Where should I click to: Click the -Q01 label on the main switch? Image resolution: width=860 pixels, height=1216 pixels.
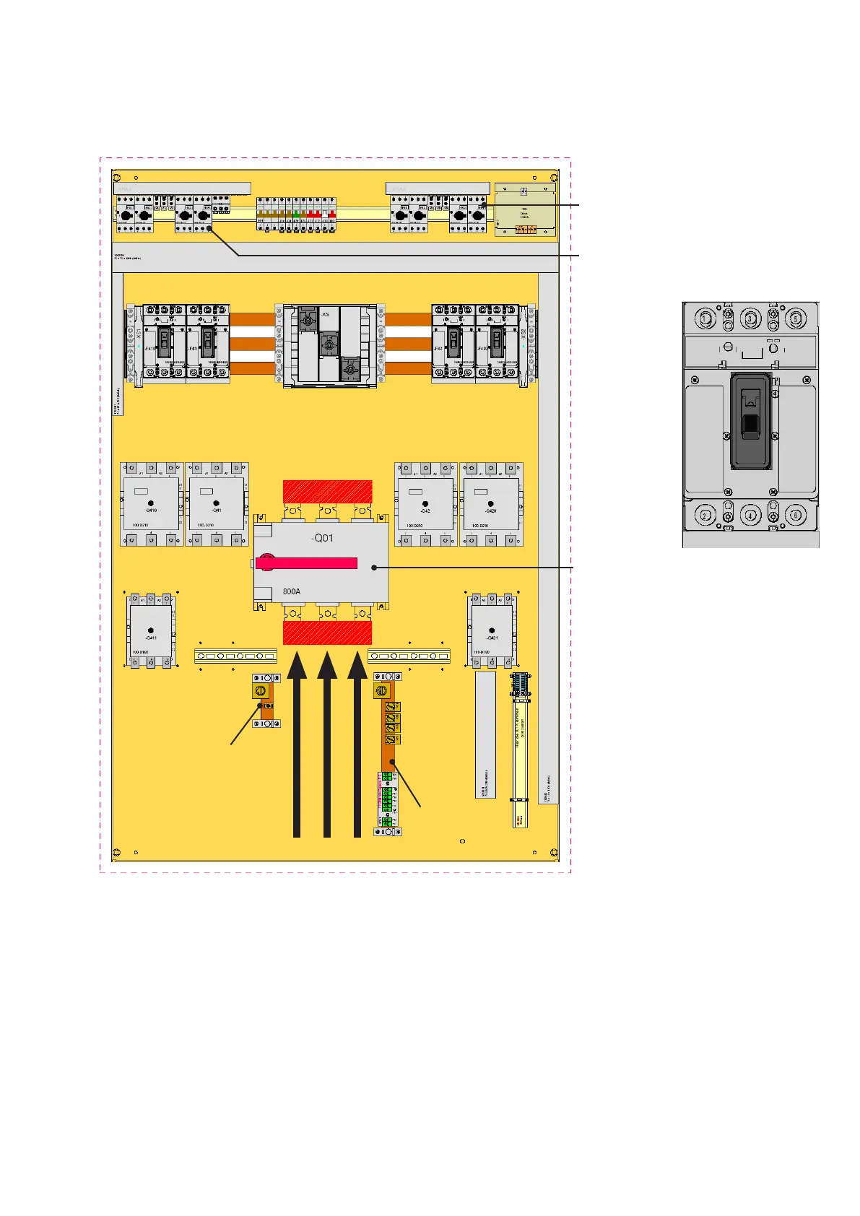(322, 538)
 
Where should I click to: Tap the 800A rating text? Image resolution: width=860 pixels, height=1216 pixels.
(292, 591)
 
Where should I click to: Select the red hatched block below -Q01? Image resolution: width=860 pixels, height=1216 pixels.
(327, 634)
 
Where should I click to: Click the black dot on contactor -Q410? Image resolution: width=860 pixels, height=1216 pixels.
(151, 503)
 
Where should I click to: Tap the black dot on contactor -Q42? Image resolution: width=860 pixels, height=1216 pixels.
(425, 503)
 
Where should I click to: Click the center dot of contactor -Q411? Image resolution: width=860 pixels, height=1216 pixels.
(150, 630)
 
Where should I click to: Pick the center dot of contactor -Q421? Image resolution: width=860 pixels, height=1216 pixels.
(492, 630)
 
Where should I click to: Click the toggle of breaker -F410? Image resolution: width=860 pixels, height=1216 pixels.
(165, 342)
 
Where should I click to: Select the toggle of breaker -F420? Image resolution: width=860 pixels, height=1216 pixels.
(497, 342)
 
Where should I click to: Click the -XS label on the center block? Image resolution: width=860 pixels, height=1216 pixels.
(326, 315)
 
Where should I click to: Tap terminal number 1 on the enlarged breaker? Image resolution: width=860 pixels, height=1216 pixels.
(705, 318)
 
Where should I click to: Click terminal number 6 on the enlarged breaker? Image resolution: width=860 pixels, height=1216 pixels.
(796, 516)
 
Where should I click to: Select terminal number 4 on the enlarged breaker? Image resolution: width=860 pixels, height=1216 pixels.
(750, 516)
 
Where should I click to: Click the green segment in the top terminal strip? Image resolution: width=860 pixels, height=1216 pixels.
(297, 215)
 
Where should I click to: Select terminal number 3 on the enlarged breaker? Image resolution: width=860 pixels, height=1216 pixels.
(750, 318)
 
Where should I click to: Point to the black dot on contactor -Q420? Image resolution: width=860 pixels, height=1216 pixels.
(491, 503)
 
